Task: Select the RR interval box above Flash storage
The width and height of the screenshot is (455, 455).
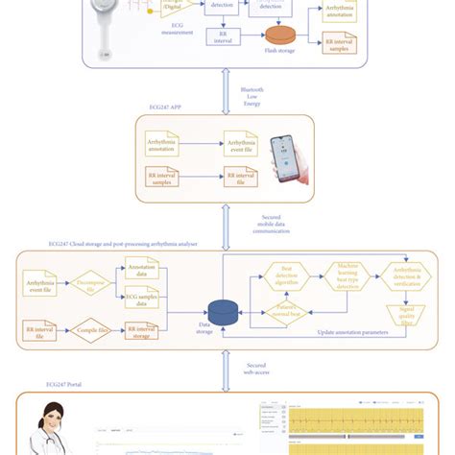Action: tap(222, 36)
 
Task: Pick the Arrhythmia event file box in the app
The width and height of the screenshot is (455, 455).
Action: tap(241, 144)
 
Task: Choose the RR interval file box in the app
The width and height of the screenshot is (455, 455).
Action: tap(241, 179)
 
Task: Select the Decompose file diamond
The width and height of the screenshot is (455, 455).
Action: tap(91, 285)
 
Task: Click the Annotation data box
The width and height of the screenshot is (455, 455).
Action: tap(142, 273)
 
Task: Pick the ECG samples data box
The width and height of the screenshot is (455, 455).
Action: tap(142, 299)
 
